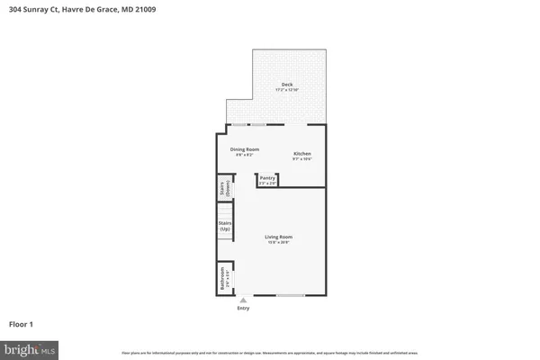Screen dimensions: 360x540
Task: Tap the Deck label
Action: click(x=286, y=85)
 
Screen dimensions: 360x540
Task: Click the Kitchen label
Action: click(x=302, y=154)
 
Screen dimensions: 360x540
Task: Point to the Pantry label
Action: click(x=267, y=178)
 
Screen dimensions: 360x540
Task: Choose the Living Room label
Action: click(x=278, y=237)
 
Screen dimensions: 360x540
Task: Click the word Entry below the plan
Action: click(x=243, y=309)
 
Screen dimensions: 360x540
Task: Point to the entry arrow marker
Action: click(x=242, y=301)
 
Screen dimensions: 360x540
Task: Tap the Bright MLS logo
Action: click(x=30, y=347)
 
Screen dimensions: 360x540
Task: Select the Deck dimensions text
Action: click(x=286, y=90)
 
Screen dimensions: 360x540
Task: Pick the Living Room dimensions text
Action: click(x=278, y=242)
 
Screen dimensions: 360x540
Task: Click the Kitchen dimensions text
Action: click(x=302, y=159)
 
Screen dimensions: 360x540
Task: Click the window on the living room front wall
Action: click(x=290, y=296)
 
